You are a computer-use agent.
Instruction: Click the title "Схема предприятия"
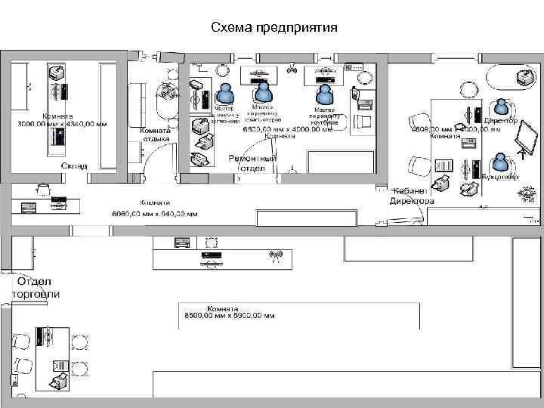point(274,28)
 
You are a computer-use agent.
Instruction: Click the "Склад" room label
point(74,165)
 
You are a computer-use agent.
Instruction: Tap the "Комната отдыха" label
point(156,134)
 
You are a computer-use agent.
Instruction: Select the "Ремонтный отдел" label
point(252,164)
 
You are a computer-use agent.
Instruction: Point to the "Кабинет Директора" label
point(412,196)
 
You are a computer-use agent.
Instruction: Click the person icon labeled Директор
point(502,107)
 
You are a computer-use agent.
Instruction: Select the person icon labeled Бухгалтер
point(499,162)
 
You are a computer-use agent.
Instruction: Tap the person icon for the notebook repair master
point(324,94)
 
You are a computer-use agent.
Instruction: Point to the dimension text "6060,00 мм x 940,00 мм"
point(154,214)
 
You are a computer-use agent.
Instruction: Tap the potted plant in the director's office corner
point(524,194)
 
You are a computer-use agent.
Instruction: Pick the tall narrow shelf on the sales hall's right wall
point(523,302)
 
